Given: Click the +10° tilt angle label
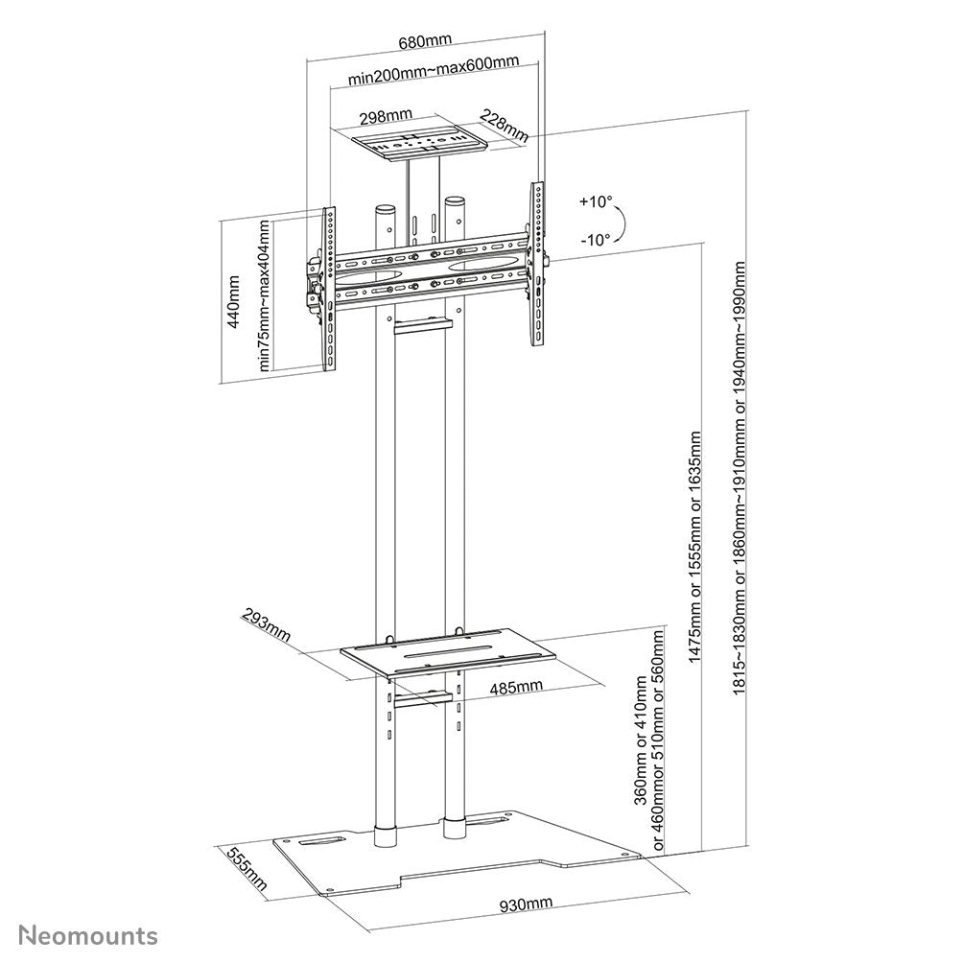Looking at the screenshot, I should pyautogui.click(x=595, y=202).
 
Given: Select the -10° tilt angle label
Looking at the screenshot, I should pyautogui.click(x=595, y=241).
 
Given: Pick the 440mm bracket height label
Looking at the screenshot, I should pyautogui.click(x=233, y=302).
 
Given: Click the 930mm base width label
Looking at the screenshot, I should pyautogui.click(x=526, y=904).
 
